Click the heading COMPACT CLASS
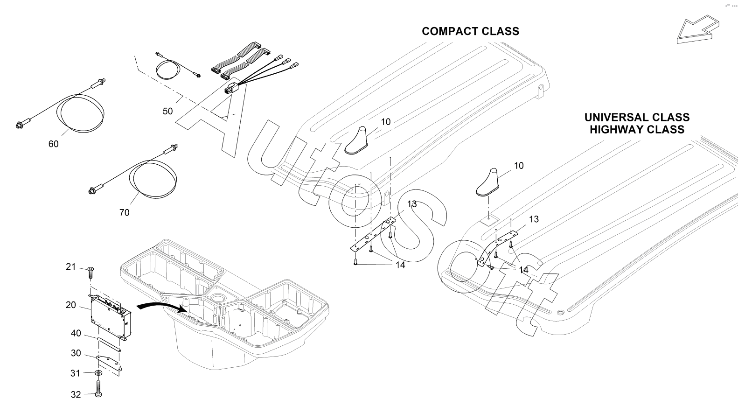click(x=470, y=31)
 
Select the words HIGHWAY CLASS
click(x=637, y=129)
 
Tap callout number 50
click(x=167, y=111)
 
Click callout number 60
click(x=54, y=144)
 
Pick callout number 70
click(x=124, y=213)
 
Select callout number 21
click(x=70, y=267)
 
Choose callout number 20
click(x=71, y=305)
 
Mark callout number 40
click(x=76, y=334)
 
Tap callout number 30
click(x=76, y=353)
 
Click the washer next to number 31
click(x=98, y=373)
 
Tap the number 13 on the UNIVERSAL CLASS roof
click(x=534, y=219)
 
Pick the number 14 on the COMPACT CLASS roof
click(x=400, y=265)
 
